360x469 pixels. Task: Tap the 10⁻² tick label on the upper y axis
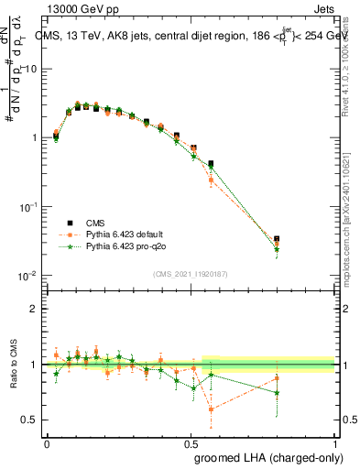[29, 276]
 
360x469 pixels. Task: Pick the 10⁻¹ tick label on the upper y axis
[29, 207]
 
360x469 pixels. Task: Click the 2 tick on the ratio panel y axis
[36, 309]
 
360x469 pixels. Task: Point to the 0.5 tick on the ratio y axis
[32, 420]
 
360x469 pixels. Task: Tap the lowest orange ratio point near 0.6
[211, 409]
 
